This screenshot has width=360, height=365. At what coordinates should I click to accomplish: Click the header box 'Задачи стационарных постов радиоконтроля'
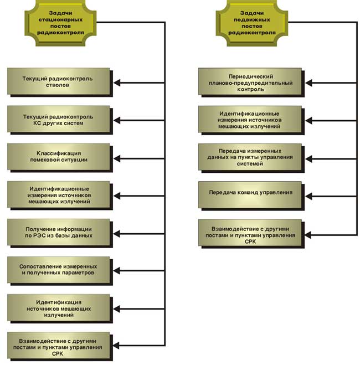(60, 23)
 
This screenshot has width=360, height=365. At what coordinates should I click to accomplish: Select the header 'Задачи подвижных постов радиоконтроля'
(252, 23)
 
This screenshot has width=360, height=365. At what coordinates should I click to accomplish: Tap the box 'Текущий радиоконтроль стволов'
(60, 83)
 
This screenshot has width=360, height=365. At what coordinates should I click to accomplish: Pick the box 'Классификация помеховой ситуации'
(60, 158)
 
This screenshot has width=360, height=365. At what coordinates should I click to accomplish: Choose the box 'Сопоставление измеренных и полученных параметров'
(60, 271)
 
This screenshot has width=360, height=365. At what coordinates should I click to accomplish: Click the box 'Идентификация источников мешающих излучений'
(60, 309)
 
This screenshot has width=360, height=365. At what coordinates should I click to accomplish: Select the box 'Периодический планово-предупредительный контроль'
(251, 83)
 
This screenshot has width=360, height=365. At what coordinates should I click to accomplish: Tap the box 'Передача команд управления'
(251, 196)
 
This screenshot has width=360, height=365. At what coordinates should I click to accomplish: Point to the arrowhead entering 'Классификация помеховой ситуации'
(117, 158)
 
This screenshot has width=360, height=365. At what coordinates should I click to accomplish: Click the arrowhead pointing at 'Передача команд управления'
(308, 196)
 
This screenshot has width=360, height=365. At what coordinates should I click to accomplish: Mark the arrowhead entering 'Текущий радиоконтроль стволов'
(117, 83)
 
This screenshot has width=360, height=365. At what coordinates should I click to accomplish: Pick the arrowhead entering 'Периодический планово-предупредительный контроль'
(308, 83)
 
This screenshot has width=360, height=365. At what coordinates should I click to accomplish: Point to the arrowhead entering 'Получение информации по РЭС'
(117, 234)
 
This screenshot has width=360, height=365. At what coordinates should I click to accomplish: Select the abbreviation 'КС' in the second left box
(38, 123)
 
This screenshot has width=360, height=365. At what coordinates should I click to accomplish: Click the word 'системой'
(250, 164)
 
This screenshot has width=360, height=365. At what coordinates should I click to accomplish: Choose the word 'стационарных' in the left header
(60, 19)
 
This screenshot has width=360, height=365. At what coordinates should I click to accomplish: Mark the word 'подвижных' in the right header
(252, 19)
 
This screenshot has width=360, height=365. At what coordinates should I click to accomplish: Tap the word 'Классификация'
(59, 153)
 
